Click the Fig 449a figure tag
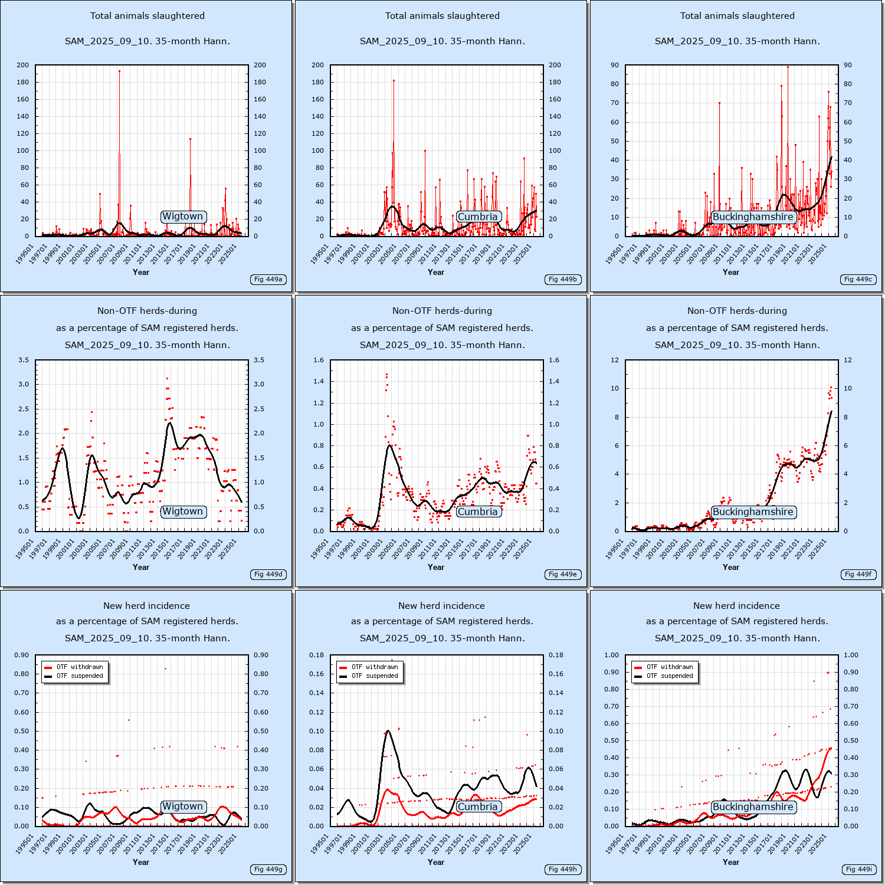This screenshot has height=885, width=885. (x=268, y=279)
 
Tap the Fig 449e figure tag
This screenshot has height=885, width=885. (x=563, y=574)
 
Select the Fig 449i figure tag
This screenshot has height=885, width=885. (x=859, y=869)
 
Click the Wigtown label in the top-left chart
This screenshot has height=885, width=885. (x=183, y=217)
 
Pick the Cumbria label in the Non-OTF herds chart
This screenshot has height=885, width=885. (x=478, y=512)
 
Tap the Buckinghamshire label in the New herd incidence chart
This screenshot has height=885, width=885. (x=753, y=807)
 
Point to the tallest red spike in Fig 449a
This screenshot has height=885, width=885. (x=119, y=71)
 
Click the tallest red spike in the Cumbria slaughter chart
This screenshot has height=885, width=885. (x=394, y=80)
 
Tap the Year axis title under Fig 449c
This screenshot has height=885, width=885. (x=731, y=272)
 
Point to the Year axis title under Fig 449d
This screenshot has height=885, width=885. (x=141, y=567)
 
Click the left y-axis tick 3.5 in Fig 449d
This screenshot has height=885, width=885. (x=24, y=360)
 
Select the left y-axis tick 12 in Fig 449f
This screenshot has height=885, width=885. (x=615, y=360)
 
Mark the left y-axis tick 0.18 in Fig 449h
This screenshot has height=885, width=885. (x=317, y=655)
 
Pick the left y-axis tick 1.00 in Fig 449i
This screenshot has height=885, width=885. (x=612, y=655)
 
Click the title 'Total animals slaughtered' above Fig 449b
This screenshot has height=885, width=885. (x=442, y=16)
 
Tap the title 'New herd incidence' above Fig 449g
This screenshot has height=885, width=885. (x=147, y=606)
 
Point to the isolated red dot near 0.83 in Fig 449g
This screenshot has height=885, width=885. (x=165, y=668)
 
